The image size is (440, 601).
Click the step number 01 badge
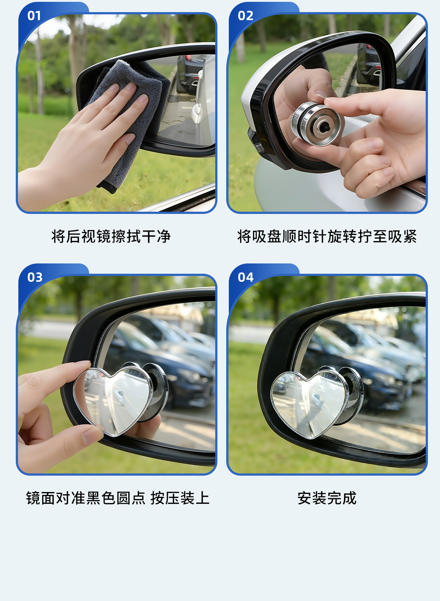click(34, 16)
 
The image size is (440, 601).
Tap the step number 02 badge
click(245, 16)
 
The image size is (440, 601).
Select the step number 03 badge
click(35, 277)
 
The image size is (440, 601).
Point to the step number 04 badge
click(246, 277)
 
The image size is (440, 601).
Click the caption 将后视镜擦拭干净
click(111, 236)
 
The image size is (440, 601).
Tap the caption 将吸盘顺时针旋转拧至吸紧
click(327, 236)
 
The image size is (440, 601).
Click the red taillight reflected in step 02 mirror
click(370, 47)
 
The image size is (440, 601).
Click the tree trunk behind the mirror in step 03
click(78, 306)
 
